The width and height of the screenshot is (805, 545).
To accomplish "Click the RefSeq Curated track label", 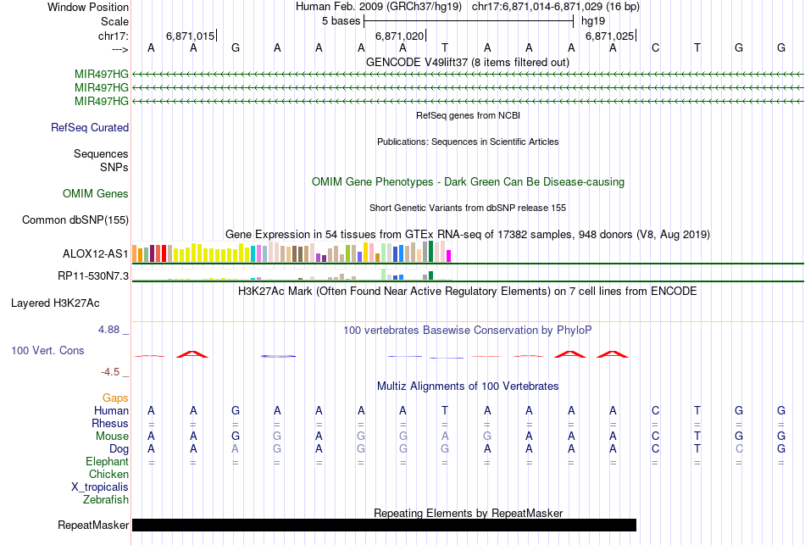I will [90, 128].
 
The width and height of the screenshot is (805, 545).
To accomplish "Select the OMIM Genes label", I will [96, 194].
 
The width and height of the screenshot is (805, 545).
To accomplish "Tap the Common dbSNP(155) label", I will [75, 220].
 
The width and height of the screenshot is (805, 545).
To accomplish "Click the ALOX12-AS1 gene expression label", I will [96, 253].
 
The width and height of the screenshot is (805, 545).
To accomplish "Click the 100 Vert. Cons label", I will [58, 350].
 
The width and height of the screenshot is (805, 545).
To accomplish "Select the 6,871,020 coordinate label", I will [398, 36].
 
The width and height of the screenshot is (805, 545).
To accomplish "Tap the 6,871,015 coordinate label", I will [191, 36].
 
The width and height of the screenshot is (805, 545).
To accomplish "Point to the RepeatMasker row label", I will [93, 526].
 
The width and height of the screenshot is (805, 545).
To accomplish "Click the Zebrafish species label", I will [106, 500].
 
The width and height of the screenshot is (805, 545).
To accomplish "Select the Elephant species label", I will [107, 462].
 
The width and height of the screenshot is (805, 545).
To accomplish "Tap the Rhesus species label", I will [110, 424].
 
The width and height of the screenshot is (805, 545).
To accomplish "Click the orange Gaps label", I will [115, 398].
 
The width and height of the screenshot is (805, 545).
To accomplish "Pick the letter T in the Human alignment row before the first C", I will [445, 411].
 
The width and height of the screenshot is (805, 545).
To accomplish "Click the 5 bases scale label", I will [341, 21].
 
